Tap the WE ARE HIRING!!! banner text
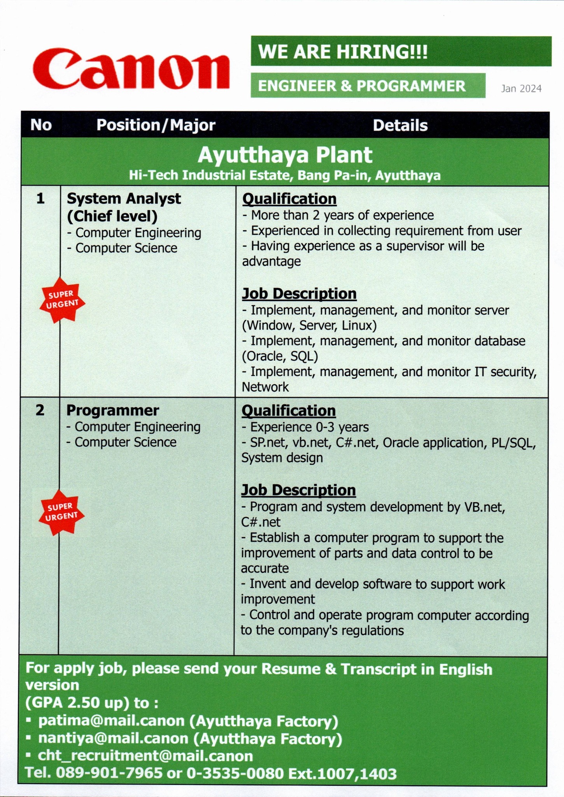(343, 52)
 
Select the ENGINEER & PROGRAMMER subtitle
(361, 86)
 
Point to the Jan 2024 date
(521, 89)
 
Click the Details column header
(400, 125)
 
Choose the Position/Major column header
(156, 125)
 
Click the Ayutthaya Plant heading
(285, 155)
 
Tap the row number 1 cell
(40, 199)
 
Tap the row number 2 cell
(40, 410)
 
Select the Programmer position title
(113, 411)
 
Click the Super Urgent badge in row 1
(62, 300)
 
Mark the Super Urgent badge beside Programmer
(61, 512)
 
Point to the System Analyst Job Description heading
(299, 293)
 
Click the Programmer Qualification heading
(289, 411)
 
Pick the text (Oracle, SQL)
(280, 356)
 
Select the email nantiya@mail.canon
(113, 738)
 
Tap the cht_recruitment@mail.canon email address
(145, 756)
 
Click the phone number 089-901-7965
(109, 773)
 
